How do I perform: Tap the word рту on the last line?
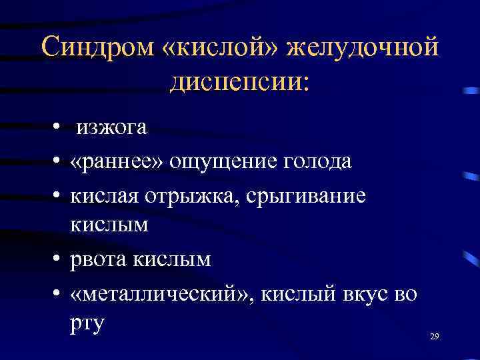coord(87,325)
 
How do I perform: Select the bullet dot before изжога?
coord(59,128)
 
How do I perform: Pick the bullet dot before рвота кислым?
coord(59,259)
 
